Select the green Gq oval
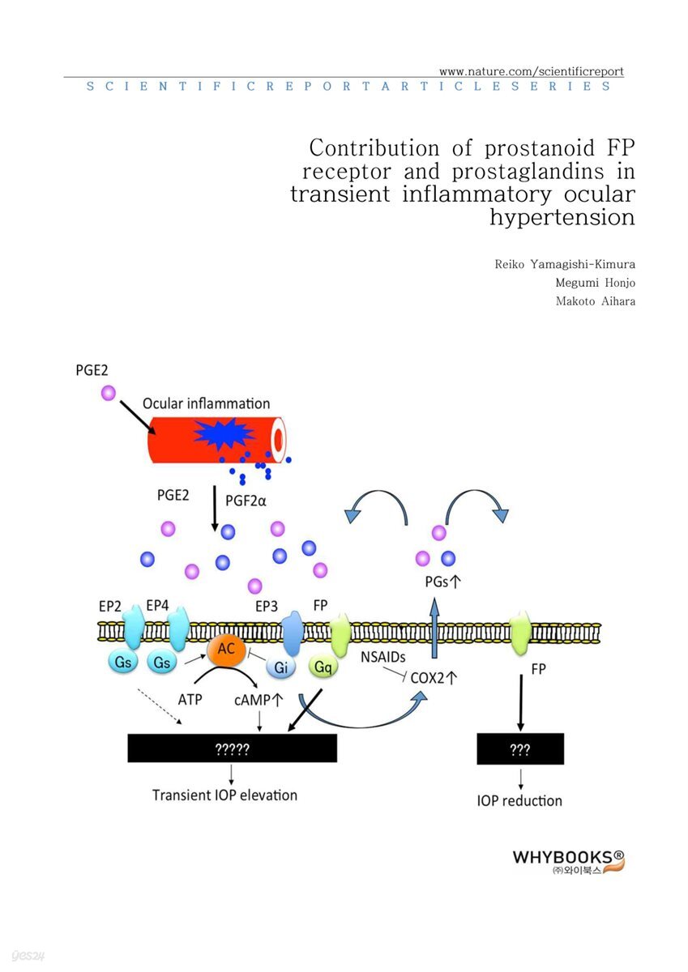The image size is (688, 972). tap(324, 667)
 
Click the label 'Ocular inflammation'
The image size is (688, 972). tap(206, 403)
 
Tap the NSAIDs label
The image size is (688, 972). tap(383, 657)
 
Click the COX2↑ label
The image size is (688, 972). tap(434, 679)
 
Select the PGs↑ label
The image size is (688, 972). tap(442, 581)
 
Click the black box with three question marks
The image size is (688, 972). tap(519, 750)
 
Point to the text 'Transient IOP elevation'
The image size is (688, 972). tap(224, 795)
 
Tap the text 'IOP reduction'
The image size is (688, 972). tap(519, 800)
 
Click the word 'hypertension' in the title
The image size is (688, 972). tap(562, 217)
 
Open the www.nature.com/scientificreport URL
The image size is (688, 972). tap(531, 71)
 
